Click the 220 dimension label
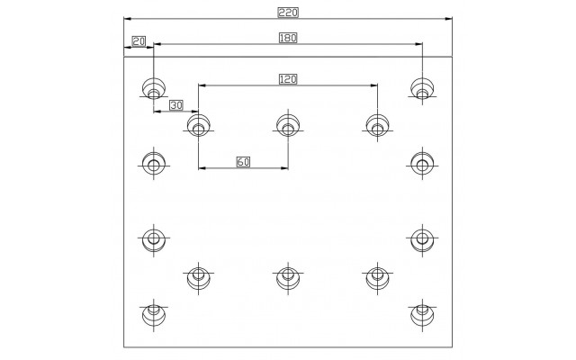point(288,13)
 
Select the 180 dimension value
point(288,38)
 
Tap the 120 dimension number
point(288,79)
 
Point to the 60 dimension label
point(243,162)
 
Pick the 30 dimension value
point(176,105)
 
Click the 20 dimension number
point(139,41)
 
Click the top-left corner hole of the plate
point(154,89)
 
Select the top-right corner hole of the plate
point(422,89)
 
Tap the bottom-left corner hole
point(154,315)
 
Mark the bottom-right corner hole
point(422,315)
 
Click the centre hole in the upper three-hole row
point(288,125)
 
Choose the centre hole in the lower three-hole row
point(288,278)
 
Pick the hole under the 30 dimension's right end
point(198,125)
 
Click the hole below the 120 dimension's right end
point(378,125)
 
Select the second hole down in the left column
point(154,164)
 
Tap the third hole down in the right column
point(422,239)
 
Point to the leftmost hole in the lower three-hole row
point(198,278)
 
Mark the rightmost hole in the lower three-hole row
point(378,278)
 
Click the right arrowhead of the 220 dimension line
point(448,19)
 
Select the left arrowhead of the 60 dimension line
point(202,168)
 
